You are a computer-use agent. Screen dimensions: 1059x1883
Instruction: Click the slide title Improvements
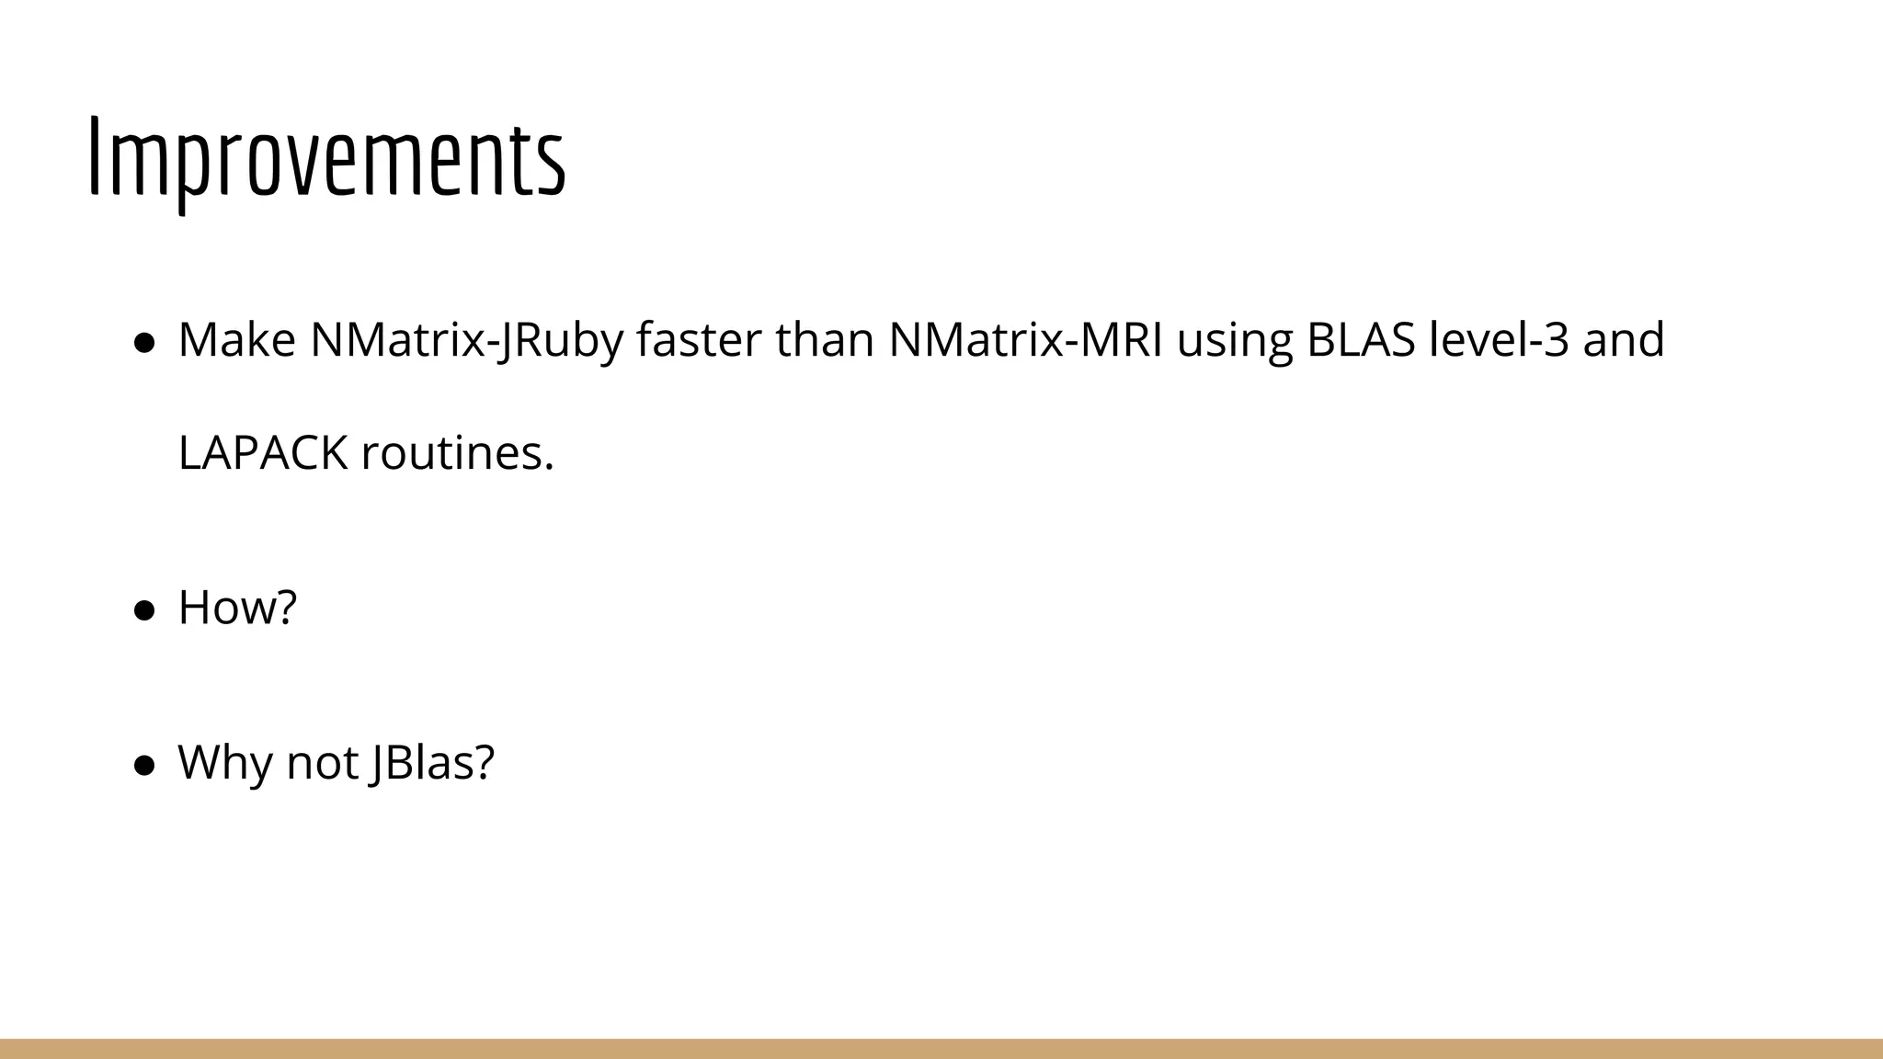(x=326, y=159)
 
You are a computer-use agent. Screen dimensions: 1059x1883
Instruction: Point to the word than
(x=824, y=340)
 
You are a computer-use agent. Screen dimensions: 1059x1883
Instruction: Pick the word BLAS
(x=1361, y=340)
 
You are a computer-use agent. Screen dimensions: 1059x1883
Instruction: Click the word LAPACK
(x=263, y=453)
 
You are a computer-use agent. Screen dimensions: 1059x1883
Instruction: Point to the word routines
(x=458, y=453)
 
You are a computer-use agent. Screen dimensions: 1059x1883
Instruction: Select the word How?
(x=237, y=608)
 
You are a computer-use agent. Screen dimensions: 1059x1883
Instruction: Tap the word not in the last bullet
(x=321, y=763)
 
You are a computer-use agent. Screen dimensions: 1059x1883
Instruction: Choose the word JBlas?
(x=432, y=763)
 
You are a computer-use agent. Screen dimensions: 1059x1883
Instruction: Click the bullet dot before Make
(x=143, y=343)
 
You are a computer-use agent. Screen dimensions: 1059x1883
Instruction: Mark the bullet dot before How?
(x=143, y=610)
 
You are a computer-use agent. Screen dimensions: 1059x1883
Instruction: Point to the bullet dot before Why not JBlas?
(x=143, y=766)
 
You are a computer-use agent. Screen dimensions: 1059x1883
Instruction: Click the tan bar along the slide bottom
(x=941, y=1049)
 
